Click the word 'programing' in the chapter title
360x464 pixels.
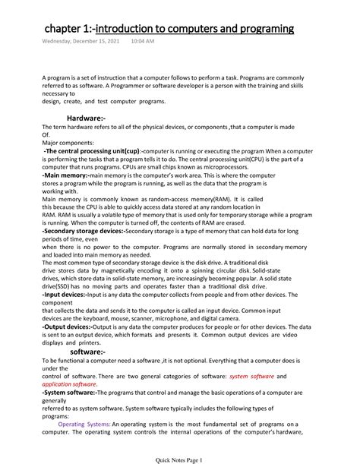[x=259, y=29]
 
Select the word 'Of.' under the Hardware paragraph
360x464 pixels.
[x=46, y=136]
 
